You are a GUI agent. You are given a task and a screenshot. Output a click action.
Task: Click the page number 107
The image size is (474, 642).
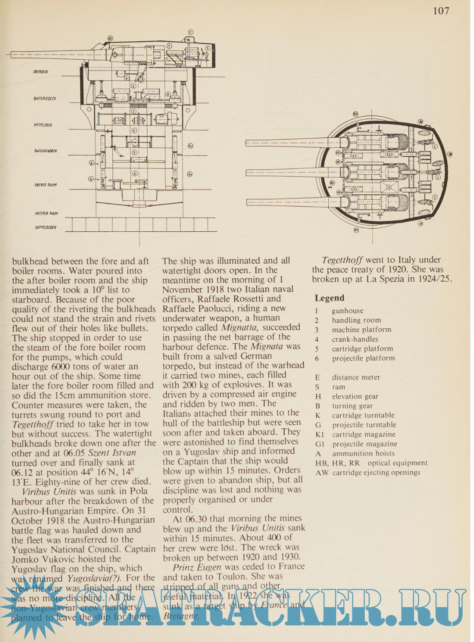click(x=441, y=11)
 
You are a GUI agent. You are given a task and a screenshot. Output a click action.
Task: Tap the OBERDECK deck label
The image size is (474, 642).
click(x=40, y=72)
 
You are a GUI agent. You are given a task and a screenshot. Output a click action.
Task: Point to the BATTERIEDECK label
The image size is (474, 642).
click(x=45, y=99)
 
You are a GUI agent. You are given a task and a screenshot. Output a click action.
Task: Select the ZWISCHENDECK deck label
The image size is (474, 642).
click(x=45, y=151)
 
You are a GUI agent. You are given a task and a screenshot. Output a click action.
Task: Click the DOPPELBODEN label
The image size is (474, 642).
click(x=45, y=228)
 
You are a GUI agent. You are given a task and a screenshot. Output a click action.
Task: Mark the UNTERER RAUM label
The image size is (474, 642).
click(x=46, y=213)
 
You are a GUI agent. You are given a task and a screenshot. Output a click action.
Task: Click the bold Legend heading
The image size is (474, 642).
click(x=329, y=298)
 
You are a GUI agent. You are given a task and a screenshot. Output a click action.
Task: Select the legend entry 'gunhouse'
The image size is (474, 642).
click(x=347, y=311)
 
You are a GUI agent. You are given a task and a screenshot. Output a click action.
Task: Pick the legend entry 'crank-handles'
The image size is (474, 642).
click(x=355, y=339)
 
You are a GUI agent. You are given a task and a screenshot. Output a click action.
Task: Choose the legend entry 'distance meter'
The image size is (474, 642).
click(x=355, y=377)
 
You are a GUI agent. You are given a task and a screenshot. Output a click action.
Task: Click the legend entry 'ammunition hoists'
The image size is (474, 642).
click(x=363, y=454)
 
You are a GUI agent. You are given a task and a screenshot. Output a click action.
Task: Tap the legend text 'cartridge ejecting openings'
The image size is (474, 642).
click(x=376, y=473)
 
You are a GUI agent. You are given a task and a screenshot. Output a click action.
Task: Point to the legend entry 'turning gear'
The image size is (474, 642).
click(x=352, y=406)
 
